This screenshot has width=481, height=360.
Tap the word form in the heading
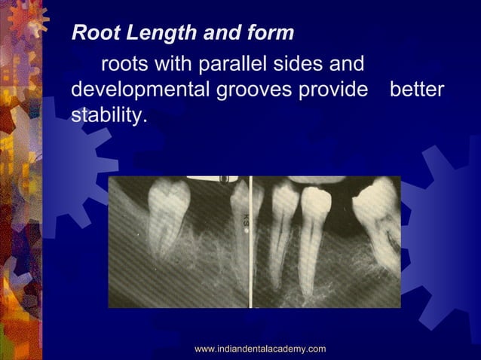pos(273,34)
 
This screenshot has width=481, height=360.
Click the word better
pos(417,90)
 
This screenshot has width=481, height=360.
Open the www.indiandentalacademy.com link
pos(260,349)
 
